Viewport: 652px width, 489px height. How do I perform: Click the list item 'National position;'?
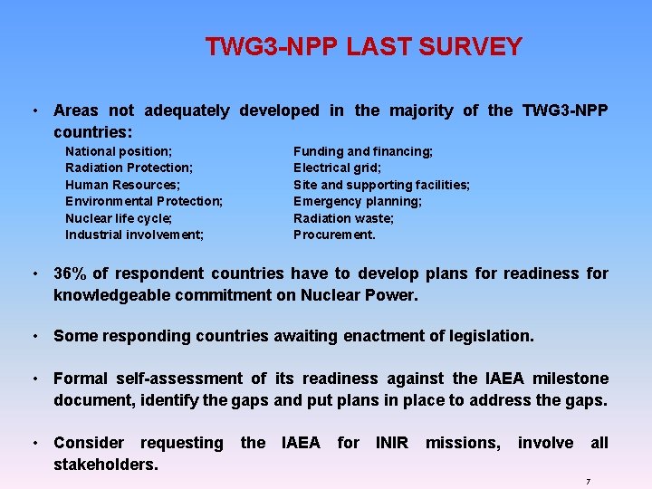[x=119, y=151]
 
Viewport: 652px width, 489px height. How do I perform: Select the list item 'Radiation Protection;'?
[x=129, y=168]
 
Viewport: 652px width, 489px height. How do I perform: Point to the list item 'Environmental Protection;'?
[x=144, y=201]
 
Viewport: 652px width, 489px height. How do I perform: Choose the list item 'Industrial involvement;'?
[x=134, y=235]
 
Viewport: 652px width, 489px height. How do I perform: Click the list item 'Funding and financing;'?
[x=363, y=151]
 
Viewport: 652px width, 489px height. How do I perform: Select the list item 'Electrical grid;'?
[x=337, y=168]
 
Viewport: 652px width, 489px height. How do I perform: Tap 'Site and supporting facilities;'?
[x=381, y=185]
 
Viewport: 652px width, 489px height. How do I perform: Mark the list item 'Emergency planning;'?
[x=358, y=201]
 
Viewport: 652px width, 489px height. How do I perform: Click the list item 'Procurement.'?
[x=334, y=235]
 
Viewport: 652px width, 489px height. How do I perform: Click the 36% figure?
[x=70, y=273]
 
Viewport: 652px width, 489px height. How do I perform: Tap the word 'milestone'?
[x=566, y=379]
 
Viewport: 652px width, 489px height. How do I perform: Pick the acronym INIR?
[x=392, y=443]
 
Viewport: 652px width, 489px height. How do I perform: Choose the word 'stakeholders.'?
[x=106, y=465]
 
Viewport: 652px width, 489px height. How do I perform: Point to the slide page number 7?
[x=588, y=482]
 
